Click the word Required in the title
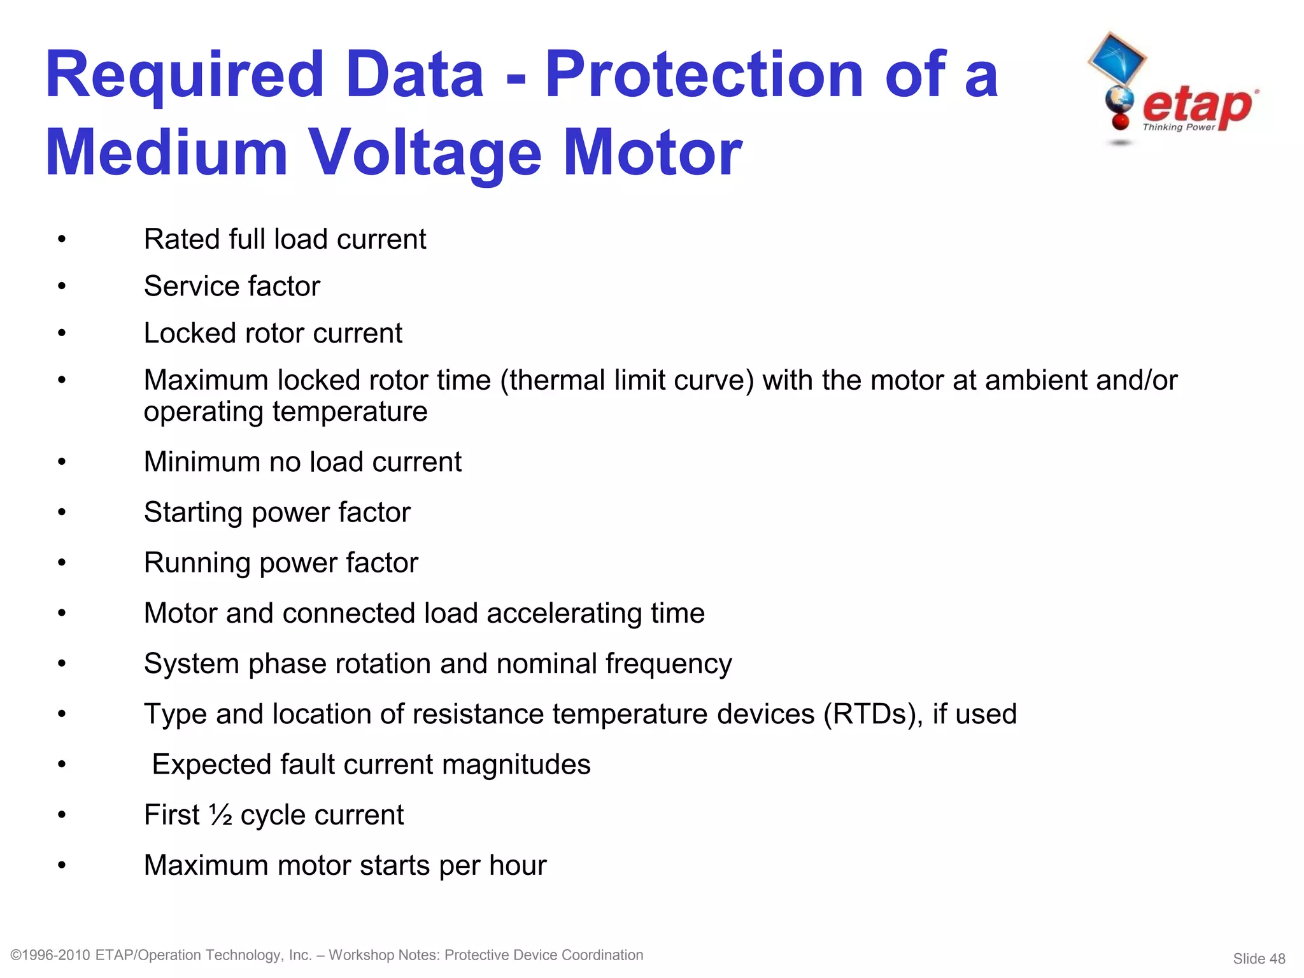pos(185,76)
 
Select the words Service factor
pos(232,287)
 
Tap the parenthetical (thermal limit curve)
pos(627,381)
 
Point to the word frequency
pos(668,665)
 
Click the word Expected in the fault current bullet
pos(211,765)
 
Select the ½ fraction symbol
pos(220,815)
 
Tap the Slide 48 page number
pos(1259,959)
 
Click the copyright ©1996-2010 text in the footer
pos(51,955)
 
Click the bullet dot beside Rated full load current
pos(62,240)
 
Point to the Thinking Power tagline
pos(1179,127)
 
